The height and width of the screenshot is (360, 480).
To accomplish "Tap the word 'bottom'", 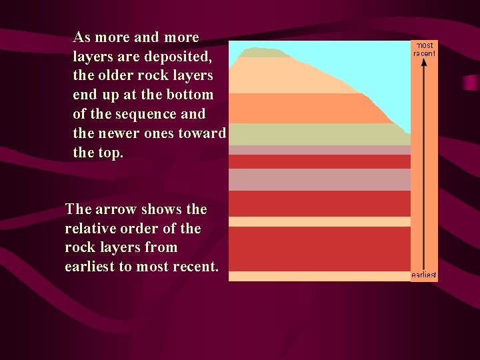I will (x=190, y=95).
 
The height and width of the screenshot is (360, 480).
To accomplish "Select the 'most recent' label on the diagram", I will (x=425, y=49).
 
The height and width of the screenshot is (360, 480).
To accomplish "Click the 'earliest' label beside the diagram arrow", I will (x=424, y=275).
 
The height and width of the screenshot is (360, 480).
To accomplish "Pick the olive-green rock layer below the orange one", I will (x=313, y=134).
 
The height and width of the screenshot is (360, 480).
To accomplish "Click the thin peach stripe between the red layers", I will (x=319, y=221).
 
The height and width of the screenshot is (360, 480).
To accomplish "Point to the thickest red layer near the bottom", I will (x=319, y=248).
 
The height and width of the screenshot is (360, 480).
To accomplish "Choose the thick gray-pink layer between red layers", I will (x=319, y=179).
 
